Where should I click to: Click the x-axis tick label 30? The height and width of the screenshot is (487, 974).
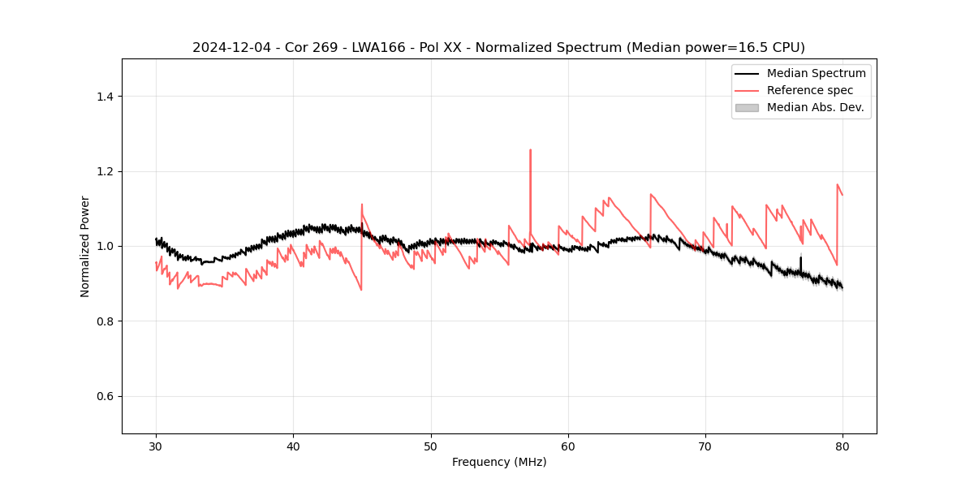(x=156, y=446)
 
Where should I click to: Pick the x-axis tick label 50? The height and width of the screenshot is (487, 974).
(x=431, y=446)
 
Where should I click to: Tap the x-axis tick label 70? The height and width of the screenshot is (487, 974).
(x=705, y=446)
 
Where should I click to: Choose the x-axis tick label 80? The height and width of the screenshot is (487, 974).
(x=843, y=446)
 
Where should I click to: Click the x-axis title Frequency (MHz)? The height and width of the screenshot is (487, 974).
(x=499, y=462)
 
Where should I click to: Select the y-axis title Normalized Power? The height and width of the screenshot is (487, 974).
(x=85, y=246)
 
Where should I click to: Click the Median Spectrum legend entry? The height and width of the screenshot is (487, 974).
(x=816, y=73)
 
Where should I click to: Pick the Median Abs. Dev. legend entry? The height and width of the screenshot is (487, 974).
(x=815, y=107)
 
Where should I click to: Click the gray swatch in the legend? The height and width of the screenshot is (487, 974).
(x=747, y=107)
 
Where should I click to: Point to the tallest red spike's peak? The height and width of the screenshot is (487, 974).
(x=530, y=150)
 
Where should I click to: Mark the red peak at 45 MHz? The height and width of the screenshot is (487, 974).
(x=362, y=205)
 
